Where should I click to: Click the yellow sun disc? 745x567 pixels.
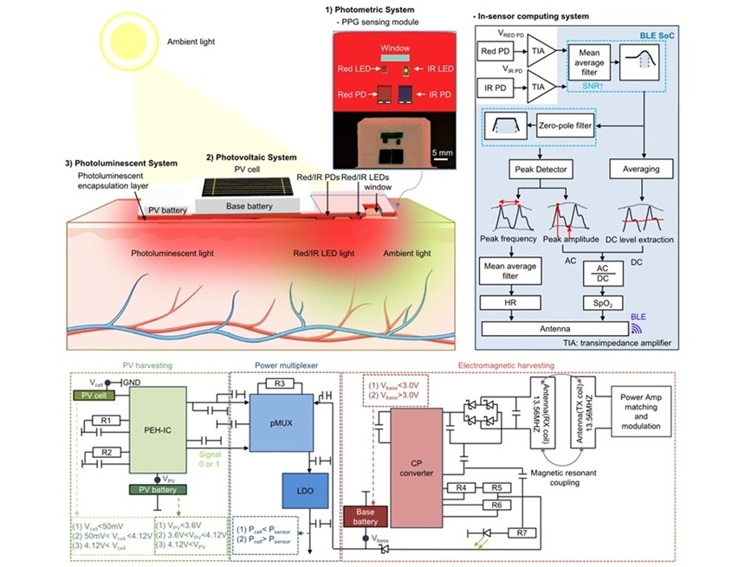click(x=126, y=41)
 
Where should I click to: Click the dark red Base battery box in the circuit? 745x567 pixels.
click(x=367, y=517)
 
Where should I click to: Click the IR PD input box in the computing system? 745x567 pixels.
click(x=497, y=88)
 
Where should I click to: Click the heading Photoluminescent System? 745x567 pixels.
click(x=121, y=163)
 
